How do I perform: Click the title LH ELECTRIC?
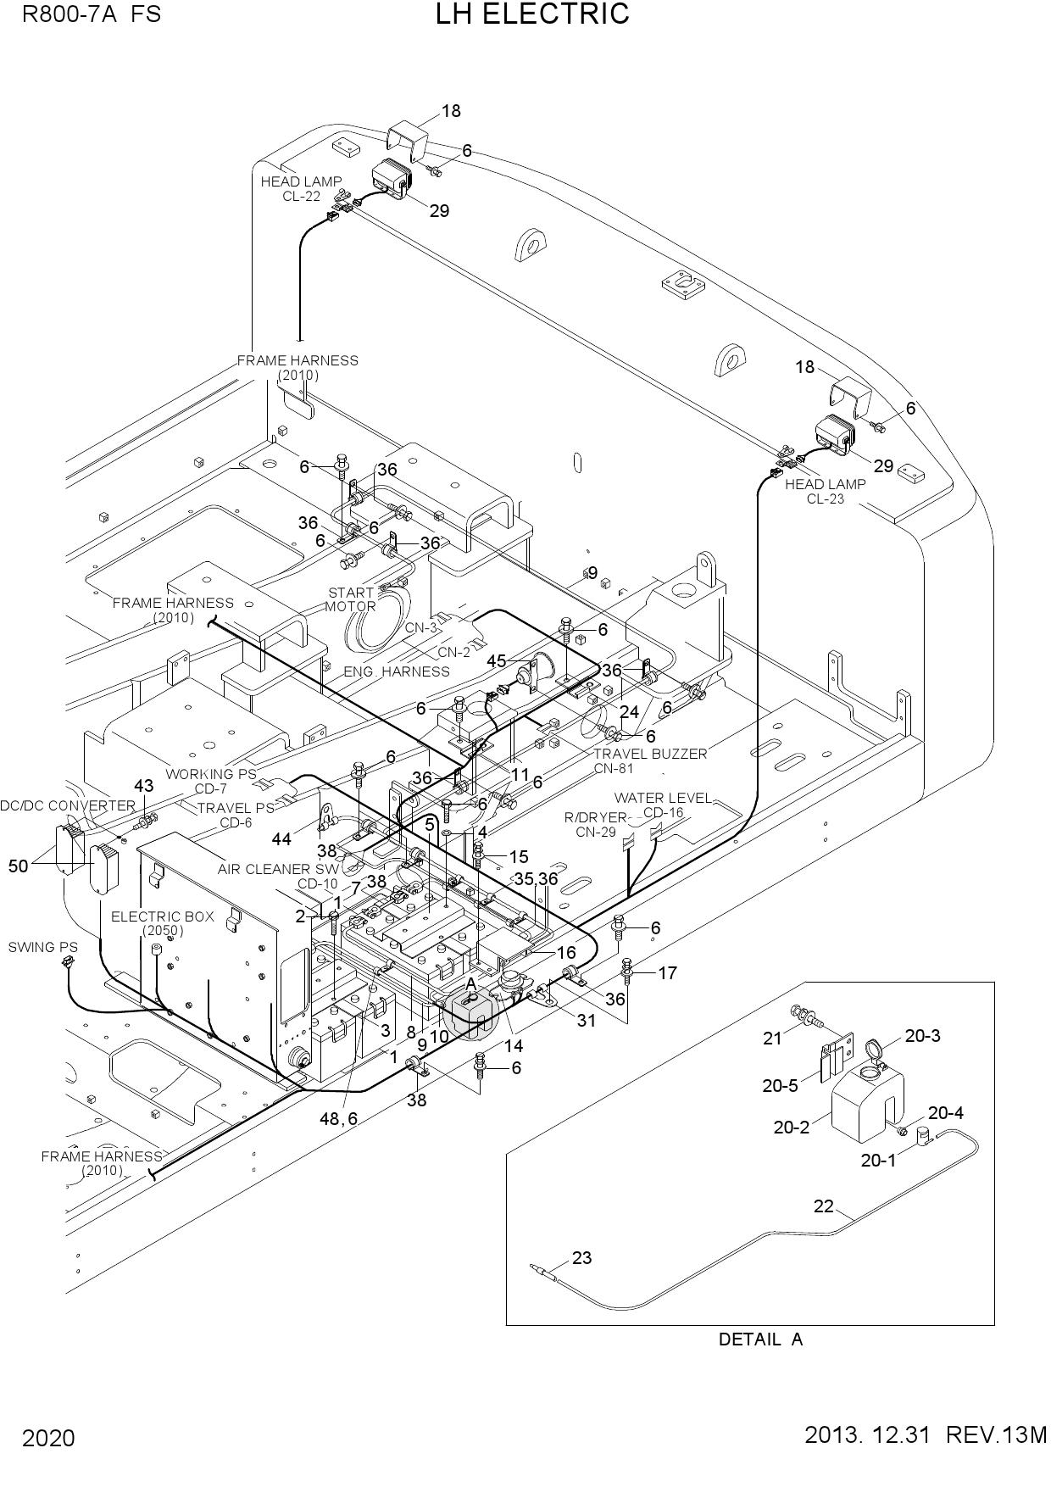(x=532, y=14)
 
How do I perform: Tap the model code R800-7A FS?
(x=92, y=14)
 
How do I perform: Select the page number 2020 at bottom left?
(x=48, y=1439)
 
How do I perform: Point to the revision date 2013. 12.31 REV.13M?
(x=926, y=1435)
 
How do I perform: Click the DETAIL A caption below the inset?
(x=760, y=1339)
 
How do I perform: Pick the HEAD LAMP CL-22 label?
(x=301, y=188)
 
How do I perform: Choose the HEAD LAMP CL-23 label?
(x=826, y=491)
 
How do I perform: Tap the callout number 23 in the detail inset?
(x=581, y=1258)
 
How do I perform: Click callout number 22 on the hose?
(x=824, y=1206)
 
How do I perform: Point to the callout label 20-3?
(x=922, y=1036)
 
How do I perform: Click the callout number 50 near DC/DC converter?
(x=19, y=866)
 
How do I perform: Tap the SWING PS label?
(x=42, y=947)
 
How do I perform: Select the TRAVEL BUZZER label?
(x=650, y=754)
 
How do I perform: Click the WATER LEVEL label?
(x=663, y=798)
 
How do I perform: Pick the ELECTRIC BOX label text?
(x=163, y=916)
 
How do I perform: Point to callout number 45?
(x=496, y=660)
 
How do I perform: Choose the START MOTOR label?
(x=351, y=599)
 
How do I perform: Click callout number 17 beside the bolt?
(x=667, y=973)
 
